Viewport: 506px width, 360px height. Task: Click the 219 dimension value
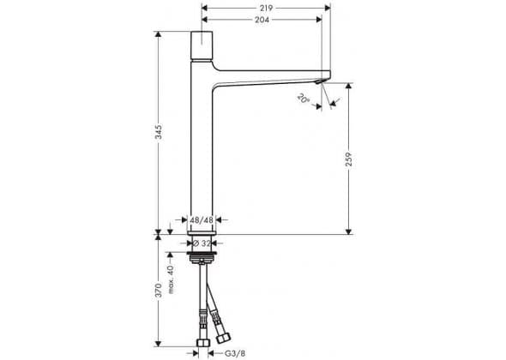pyautogui.click(x=266, y=8)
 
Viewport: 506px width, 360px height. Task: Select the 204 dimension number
pyautogui.click(x=262, y=20)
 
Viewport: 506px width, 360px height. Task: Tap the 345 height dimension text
pyautogui.click(x=158, y=132)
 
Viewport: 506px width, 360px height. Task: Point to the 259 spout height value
pyautogui.click(x=348, y=159)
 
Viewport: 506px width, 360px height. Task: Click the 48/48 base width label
pyautogui.click(x=202, y=220)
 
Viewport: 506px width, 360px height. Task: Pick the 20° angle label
pyautogui.click(x=304, y=98)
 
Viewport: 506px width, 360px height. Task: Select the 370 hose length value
pyautogui.click(x=158, y=291)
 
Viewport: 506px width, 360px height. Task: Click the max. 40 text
pyautogui.click(x=171, y=279)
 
